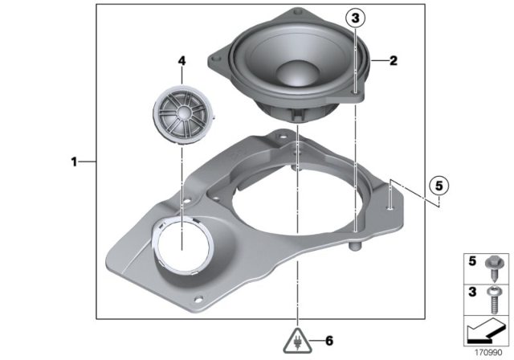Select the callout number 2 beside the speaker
point(393,59)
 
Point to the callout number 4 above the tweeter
point(182,60)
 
